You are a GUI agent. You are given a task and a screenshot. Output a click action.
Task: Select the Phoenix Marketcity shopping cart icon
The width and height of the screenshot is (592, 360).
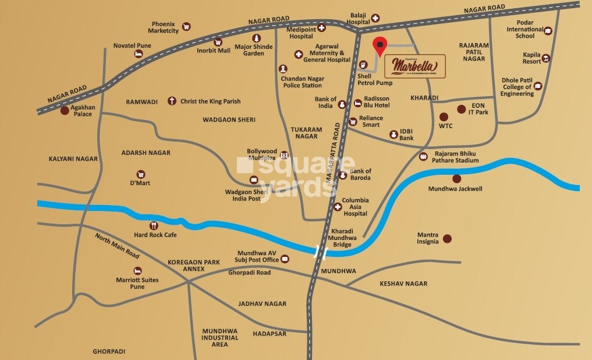(186, 26)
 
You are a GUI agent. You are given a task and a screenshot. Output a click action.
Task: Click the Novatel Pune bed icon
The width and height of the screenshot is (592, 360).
(139, 54)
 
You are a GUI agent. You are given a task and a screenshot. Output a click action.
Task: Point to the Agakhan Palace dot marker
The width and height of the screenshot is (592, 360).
(65, 110)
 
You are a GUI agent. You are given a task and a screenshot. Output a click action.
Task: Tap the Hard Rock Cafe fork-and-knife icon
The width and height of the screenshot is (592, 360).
(154, 225)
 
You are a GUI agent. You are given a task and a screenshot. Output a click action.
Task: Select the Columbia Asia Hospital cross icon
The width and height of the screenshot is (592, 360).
(337, 207)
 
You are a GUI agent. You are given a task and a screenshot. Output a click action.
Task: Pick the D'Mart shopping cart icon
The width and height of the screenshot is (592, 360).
(140, 174)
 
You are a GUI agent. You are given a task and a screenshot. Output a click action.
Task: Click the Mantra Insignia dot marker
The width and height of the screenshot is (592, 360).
(447, 238)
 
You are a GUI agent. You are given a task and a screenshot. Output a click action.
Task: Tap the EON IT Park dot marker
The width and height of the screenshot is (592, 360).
(461, 109)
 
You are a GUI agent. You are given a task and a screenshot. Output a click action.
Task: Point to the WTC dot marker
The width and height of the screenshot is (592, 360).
(444, 117)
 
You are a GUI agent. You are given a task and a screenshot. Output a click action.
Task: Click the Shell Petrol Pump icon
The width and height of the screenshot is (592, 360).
(363, 65)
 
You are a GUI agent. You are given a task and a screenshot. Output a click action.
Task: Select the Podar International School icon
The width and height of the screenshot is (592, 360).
(547, 31)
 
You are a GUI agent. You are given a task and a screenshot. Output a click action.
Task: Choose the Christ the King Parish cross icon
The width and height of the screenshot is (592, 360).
(172, 101)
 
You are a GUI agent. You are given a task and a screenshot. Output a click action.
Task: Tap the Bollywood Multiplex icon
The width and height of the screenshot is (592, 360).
(284, 155)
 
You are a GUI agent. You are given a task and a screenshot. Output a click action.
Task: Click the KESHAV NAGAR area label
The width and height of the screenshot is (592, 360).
(403, 284)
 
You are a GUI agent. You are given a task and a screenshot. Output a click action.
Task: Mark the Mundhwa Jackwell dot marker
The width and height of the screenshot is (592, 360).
(456, 179)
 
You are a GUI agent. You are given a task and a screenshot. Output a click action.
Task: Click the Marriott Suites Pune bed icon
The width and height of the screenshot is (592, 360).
(138, 271)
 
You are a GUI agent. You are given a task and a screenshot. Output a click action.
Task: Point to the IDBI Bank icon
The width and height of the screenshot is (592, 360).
(393, 135)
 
